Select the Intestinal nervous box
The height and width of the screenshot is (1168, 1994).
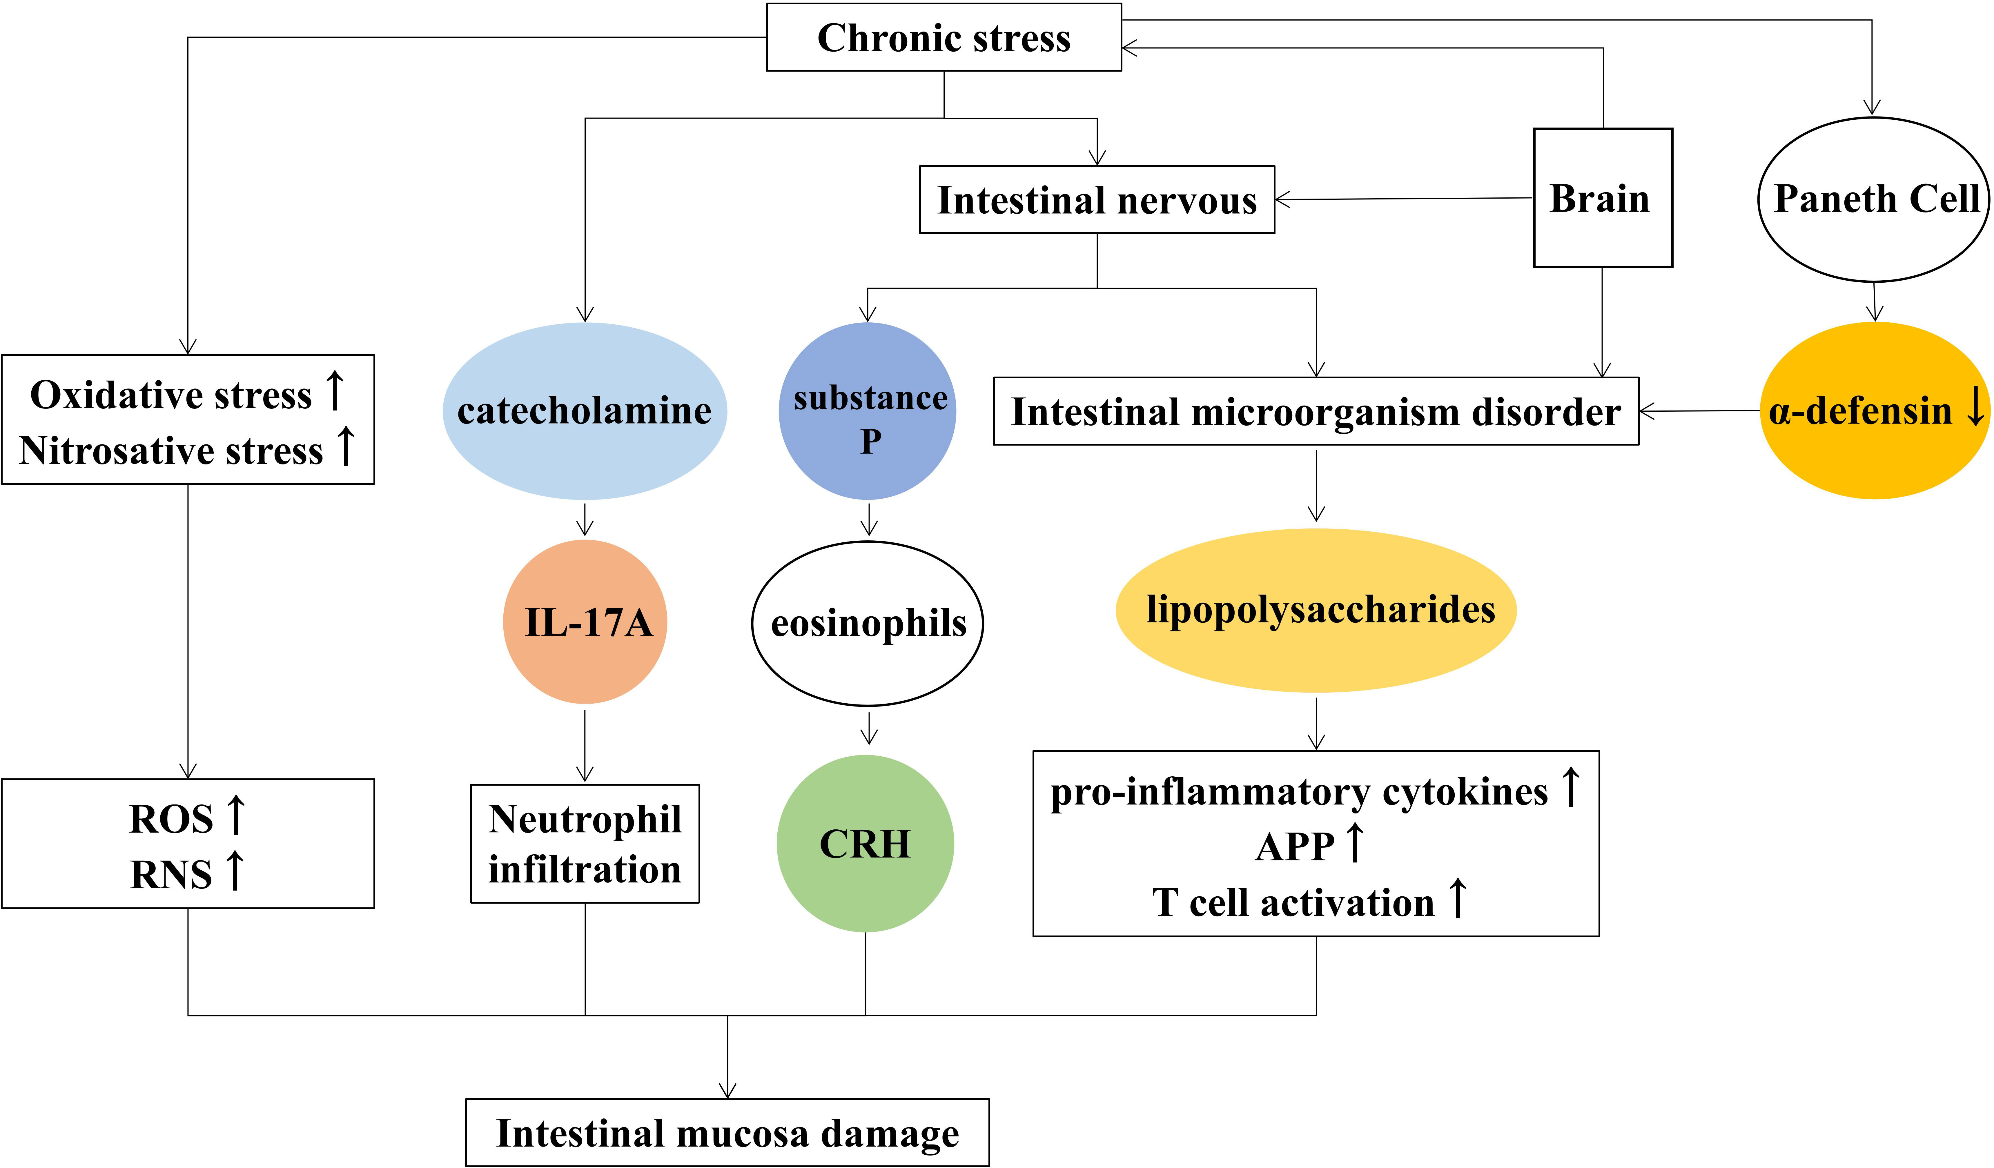[x=1097, y=199]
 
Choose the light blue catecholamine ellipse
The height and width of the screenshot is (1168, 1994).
[x=585, y=411]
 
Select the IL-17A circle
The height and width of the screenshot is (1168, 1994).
[x=585, y=622]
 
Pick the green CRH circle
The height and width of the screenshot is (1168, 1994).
[x=865, y=844]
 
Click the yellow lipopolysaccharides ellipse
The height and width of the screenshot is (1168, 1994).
[x=1316, y=610]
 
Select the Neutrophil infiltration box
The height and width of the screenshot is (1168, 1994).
[x=585, y=844]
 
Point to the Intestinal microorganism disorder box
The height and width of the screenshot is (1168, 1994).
[x=1316, y=411]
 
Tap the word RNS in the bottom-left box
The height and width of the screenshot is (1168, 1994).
[x=171, y=874]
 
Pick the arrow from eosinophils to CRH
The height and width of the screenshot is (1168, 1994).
[x=869, y=728]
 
